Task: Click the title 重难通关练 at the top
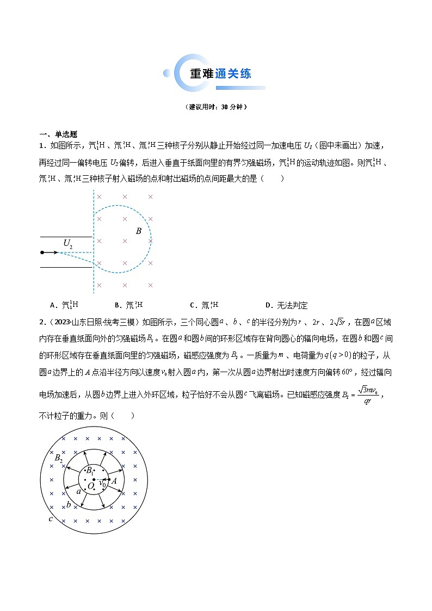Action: tap(220, 74)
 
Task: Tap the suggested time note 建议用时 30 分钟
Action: tap(216, 107)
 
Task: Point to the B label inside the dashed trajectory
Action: tap(139, 231)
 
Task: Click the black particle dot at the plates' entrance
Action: tap(42, 252)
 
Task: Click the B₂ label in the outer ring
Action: tap(59, 458)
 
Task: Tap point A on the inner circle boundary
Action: tap(114, 480)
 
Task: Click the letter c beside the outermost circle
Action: tap(50, 519)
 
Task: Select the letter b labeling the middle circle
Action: tap(69, 505)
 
